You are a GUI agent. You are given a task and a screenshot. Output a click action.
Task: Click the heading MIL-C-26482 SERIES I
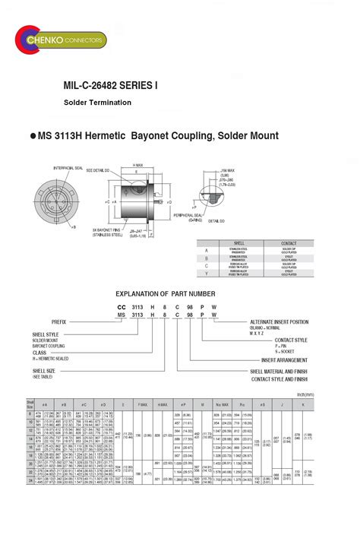(111, 87)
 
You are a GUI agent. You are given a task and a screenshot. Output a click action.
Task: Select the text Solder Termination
(97, 103)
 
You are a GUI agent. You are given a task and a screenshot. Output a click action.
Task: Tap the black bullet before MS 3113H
(33, 136)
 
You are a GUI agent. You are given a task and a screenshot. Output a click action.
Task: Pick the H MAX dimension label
(138, 165)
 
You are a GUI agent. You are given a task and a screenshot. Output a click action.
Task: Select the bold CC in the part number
(121, 306)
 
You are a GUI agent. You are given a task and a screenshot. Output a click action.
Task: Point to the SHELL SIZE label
(45, 371)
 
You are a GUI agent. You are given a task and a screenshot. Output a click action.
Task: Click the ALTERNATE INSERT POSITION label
(279, 321)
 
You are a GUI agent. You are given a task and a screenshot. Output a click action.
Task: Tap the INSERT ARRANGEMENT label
(285, 359)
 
